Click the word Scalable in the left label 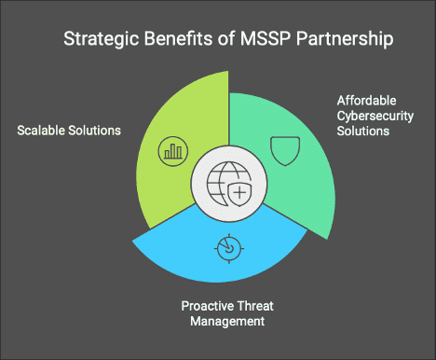[40, 130]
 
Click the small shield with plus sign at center [240, 194]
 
